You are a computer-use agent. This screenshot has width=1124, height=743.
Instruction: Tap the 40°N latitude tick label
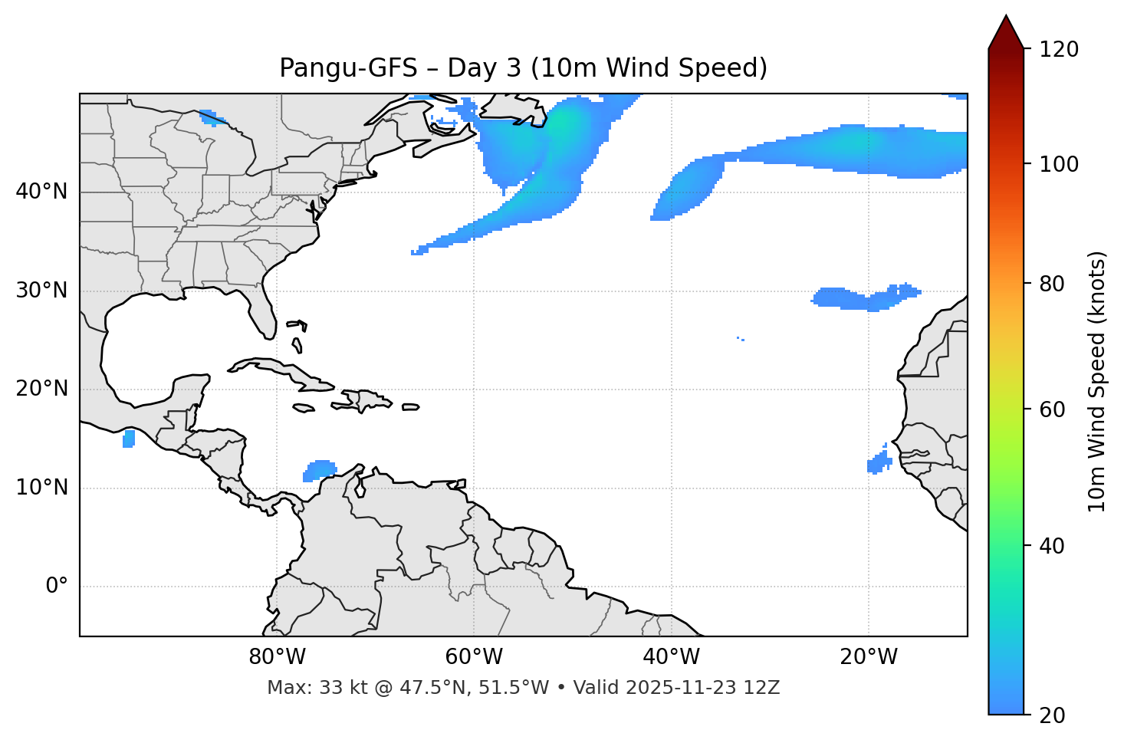coord(41,192)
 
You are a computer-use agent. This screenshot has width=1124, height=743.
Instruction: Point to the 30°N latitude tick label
coord(41,291)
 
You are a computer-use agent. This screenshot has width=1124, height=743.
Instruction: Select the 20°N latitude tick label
coord(41,389)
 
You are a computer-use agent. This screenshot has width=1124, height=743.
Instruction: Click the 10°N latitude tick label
coord(41,488)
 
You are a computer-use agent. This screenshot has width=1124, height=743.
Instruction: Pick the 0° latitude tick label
coord(57,587)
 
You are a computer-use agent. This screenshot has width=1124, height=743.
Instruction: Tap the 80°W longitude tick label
coord(277,657)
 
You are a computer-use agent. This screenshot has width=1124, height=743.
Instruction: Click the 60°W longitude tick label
coord(474,657)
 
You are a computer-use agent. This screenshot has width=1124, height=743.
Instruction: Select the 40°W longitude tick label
coord(671,657)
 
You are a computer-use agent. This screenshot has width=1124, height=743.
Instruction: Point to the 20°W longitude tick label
coord(868,657)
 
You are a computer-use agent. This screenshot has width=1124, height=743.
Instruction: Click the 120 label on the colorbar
coord(1060,50)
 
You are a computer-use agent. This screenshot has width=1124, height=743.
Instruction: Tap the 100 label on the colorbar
coord(1060,164)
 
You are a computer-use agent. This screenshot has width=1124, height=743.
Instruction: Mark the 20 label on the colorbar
coord(1052,715)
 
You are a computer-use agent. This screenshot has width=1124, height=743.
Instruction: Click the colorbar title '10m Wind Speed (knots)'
coord(1097,381)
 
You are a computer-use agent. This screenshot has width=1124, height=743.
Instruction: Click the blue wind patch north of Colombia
coord(320,469)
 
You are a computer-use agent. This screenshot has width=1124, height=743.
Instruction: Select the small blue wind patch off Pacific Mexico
coord(129,439)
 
